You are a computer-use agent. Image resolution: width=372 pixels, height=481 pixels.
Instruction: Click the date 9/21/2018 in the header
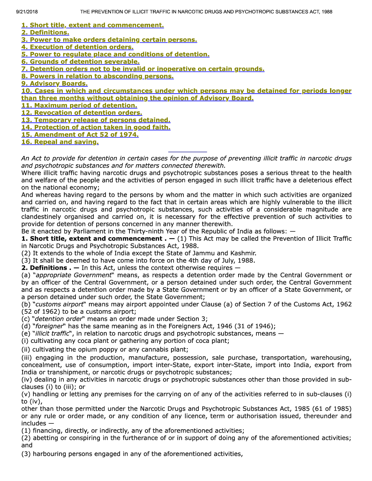27,12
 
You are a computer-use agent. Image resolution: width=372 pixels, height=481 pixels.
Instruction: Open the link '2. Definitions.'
45,32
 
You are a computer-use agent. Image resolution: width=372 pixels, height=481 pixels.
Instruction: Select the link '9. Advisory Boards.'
54,83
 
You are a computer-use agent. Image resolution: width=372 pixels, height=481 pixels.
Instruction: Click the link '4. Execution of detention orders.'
77,47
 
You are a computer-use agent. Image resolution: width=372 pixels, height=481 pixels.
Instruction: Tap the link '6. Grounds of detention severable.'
80,62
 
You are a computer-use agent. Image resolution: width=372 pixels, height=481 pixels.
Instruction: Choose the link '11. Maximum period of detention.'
79,105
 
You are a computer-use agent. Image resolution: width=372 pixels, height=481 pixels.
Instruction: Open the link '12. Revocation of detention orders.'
82,113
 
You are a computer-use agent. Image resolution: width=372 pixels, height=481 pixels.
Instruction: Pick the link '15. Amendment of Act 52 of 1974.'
80,134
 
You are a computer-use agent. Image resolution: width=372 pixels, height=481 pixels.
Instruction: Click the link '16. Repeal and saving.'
60,142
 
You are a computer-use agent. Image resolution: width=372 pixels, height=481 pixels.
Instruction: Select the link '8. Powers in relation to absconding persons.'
97,76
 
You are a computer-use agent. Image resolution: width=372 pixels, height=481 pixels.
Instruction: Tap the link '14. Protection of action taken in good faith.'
96,127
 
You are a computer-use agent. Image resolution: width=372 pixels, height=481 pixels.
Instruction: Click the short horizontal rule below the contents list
187,152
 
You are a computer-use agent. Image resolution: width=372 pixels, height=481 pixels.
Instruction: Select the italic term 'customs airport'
59,304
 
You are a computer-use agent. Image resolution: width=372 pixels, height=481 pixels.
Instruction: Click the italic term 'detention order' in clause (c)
58,319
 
